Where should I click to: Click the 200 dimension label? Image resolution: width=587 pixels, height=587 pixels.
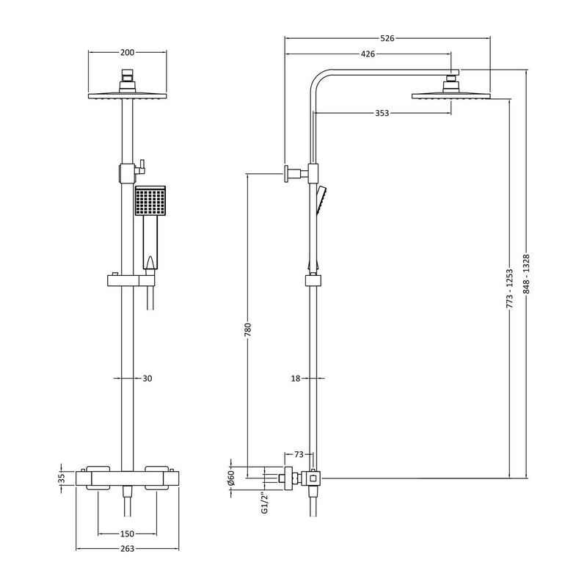(126, 52)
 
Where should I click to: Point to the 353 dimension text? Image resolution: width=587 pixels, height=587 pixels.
(381, 113)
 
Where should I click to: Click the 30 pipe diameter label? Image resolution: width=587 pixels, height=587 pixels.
(147, 379)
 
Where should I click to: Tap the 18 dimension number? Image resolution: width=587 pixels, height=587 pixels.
(296, 379)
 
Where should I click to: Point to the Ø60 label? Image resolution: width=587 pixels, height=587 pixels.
(230, 478)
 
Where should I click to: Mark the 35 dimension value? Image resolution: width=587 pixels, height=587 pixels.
(62, 478)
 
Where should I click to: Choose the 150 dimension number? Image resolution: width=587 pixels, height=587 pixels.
(126, 533)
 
